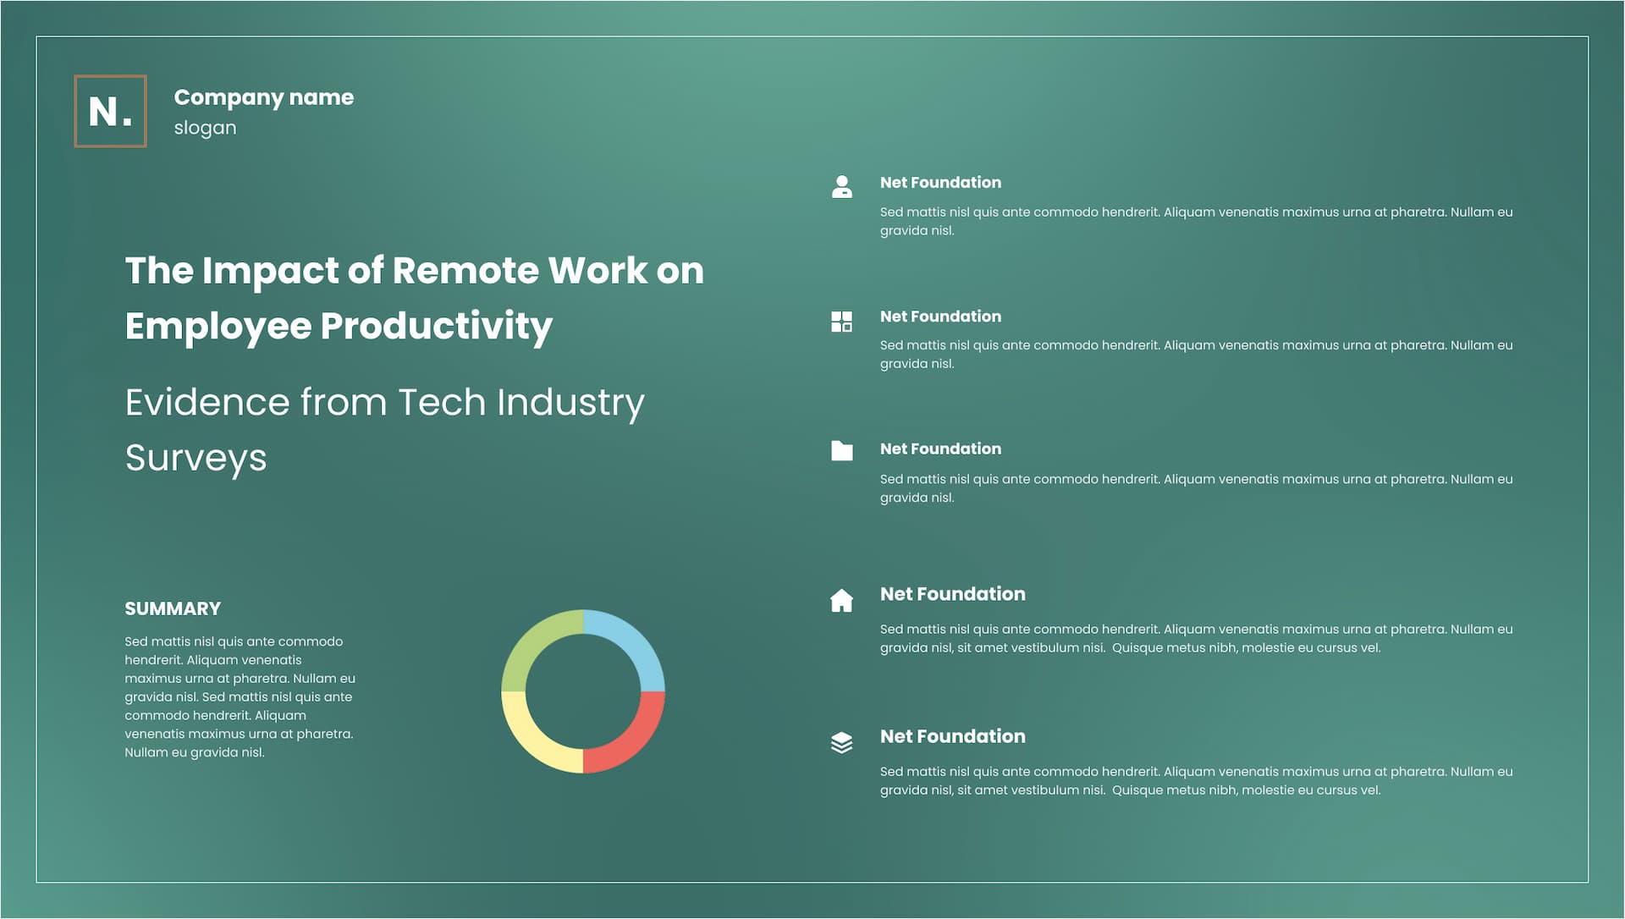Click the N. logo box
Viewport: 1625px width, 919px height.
coord(110,111)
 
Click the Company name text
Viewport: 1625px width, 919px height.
coord(264,98)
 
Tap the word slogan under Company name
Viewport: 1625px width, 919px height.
coord(205,128)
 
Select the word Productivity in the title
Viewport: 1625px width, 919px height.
coord(436,327)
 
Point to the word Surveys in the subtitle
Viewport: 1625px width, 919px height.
coord(196,459)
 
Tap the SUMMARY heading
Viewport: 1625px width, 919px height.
coord(173,608)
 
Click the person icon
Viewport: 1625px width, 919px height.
coord(842,186)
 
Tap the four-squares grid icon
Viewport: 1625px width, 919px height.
coord(842,322)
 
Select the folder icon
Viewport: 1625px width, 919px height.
coord(842,450)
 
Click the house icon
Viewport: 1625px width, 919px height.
coord(842,600)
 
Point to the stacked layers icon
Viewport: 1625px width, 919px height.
coord(842,743)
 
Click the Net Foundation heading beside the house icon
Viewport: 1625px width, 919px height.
coord(953,594)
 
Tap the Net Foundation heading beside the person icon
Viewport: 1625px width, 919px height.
coord(940,183)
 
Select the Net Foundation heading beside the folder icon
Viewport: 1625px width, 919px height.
coord(940,449)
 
